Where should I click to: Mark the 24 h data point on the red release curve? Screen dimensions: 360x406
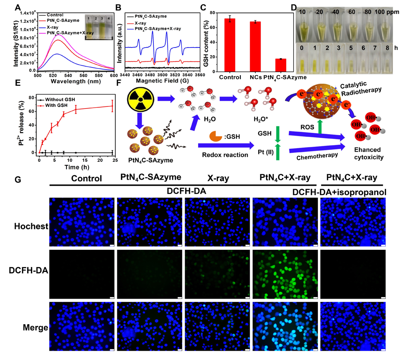[112, 106]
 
